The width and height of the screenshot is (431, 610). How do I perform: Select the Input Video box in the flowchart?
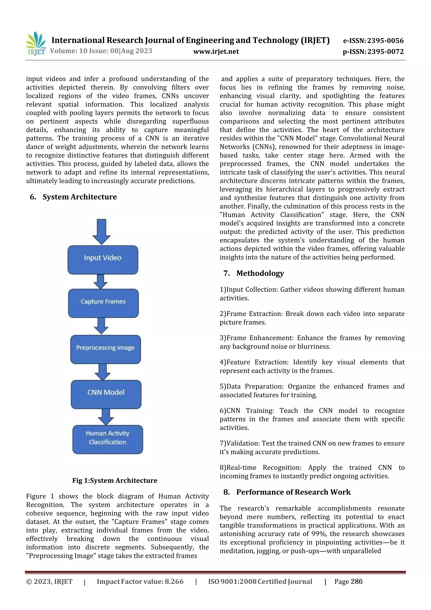click(103, 260)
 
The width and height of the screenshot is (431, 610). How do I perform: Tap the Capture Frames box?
click(103, 303)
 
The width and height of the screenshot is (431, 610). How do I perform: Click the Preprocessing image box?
click(105, 349)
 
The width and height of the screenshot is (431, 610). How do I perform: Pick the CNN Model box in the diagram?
click(106, 394)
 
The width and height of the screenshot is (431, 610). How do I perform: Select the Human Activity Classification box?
click(108, 439)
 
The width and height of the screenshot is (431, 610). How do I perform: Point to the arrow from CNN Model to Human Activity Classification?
click(106, 416)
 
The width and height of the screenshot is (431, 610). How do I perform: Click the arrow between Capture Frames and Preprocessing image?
click(101, 326)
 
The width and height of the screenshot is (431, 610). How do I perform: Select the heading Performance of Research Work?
click(293, 492)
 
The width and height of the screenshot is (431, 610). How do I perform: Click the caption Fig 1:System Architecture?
click(115, 480)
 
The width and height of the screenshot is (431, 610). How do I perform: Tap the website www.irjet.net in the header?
click(216, 52)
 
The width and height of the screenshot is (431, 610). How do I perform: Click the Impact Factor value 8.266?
click(174, 582)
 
